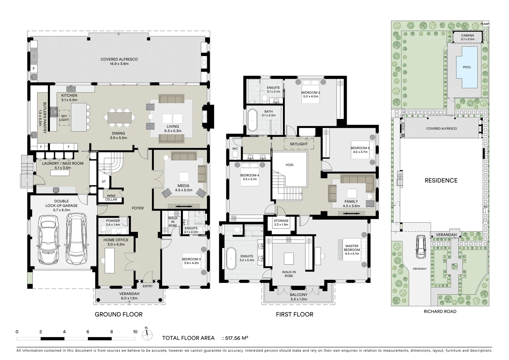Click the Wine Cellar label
coord(111,198)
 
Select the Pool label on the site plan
coord(467,67)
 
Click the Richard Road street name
coord(440,311)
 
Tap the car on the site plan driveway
coord(421,247)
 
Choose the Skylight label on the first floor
coord(299,144)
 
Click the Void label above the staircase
coord(289,165)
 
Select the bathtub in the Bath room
coord(253,120)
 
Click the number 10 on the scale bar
coord(135,332)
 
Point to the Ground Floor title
coord(119,314)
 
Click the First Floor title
coord(294,314)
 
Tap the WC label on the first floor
coord(235,148)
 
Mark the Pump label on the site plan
coord(485,24)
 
